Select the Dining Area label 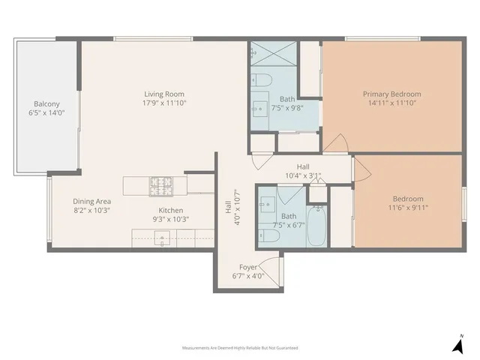(92, 201)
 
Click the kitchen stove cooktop (160, 181)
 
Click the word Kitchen (170, 211)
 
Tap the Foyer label (247, 266)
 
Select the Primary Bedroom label (391, 94)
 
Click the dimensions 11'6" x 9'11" (408, 208)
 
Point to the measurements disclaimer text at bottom (240, 348)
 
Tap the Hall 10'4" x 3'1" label (303, 171)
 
